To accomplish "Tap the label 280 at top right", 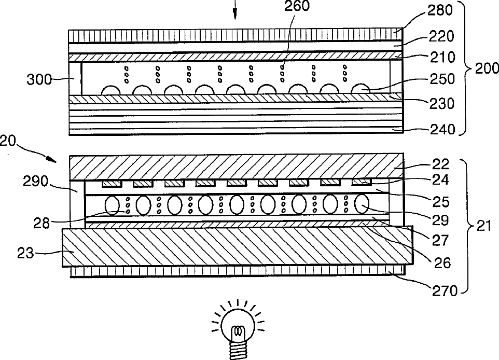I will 441,10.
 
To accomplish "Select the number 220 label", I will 441,36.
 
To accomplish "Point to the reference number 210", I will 441,57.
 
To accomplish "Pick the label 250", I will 442,79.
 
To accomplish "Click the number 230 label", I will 441,103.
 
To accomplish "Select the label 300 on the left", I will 39,79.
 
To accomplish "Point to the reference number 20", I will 8,141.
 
